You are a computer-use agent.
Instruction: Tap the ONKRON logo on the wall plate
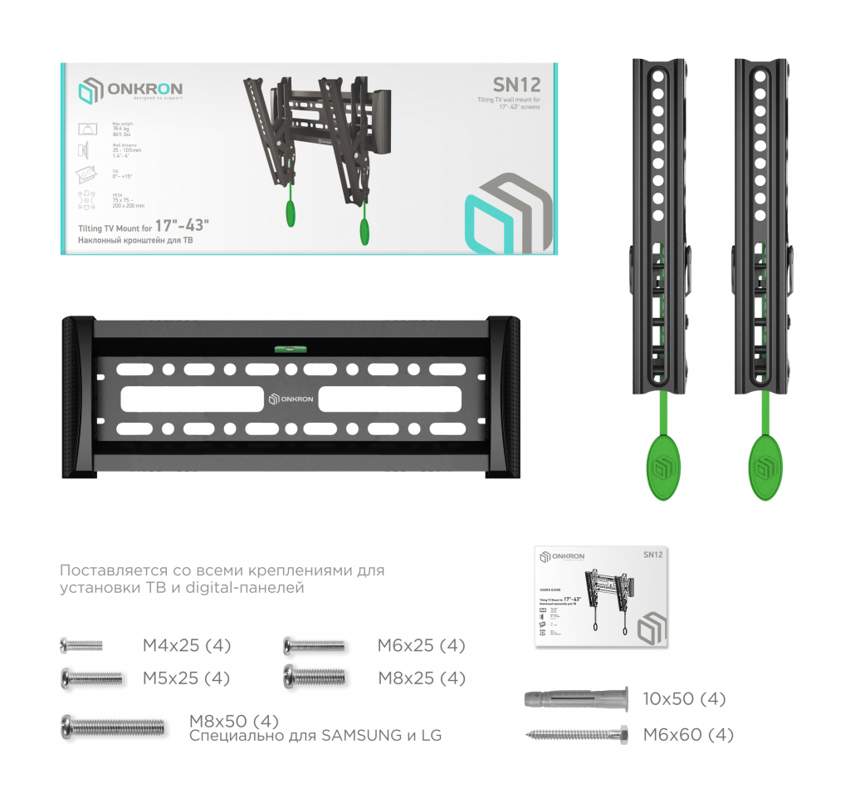point(291,399)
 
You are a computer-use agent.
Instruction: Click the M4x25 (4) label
point(187,645)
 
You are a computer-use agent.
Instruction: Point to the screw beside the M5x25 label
point(91,678)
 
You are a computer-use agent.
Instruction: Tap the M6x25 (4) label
point(421,645)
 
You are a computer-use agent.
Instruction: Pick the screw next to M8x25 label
point(314,676)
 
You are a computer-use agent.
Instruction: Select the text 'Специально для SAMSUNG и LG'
point(315,736)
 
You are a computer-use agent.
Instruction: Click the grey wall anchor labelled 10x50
point(574,698)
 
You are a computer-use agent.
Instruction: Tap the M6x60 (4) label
point(688,735)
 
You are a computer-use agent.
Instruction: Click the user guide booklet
point(601,595)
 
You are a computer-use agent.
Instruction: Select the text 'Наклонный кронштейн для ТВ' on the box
point(137,241)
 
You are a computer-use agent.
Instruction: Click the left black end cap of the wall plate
point(76,397)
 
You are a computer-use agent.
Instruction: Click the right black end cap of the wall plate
point(505,397)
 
